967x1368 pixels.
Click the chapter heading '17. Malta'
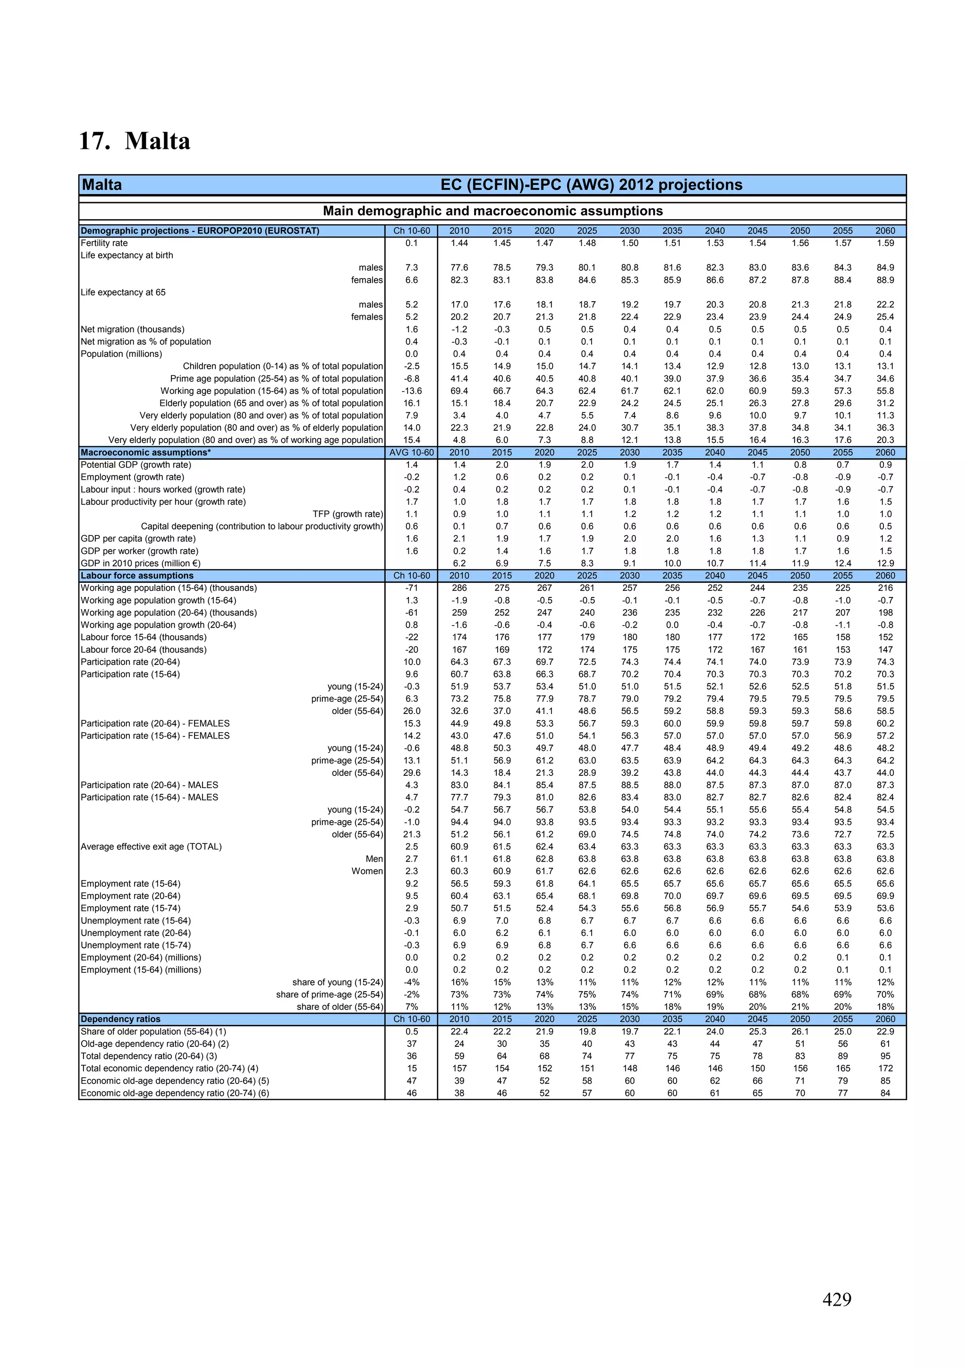coord(135,141)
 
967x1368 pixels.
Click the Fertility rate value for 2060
coord(885,243)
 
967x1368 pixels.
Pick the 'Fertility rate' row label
coord(104,243)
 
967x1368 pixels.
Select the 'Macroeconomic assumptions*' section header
coord(146,452)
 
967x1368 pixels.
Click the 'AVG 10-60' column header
coord(411,452)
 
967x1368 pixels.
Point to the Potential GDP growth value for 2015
coord(501,465)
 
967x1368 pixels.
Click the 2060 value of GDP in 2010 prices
coord(885,563)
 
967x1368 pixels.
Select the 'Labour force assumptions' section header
coord(137,576)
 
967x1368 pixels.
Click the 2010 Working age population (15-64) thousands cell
coord(459,588)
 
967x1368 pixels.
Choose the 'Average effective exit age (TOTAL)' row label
coord(152,847)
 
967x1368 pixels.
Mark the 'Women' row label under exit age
coord(367,871)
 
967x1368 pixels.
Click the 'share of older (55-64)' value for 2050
coord(799,1007)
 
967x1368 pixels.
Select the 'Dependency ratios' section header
coord(120,1019)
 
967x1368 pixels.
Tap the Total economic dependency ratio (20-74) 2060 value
coord(885,1068)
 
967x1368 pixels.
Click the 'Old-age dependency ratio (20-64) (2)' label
coord(155,1044)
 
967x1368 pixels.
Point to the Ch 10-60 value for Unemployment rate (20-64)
coord(411,933)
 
